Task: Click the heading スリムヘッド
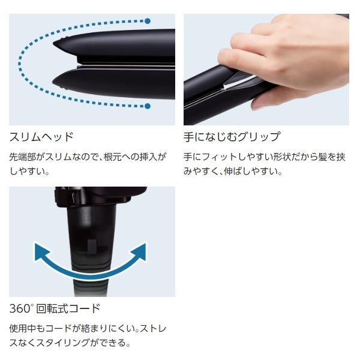click(x=41, y=137)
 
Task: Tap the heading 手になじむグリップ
click(x=232, y=137)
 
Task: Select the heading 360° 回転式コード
click(x=55, y=308)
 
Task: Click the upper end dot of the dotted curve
click(x=148, y=21)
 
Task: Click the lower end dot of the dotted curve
click(x=148, y=106)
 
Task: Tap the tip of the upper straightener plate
click(x=54, y=43)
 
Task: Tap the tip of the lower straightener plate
click(x=53, y=82)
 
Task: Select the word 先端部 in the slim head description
click(x=23, y=157)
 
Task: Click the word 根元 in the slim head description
click(x=113, y=157)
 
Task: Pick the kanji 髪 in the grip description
click(x=323, y=157)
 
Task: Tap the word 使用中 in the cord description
click(x=23, y=329)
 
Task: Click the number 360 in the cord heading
click(x=20, y=308)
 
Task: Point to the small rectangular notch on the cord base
click(x=92, y=247)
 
